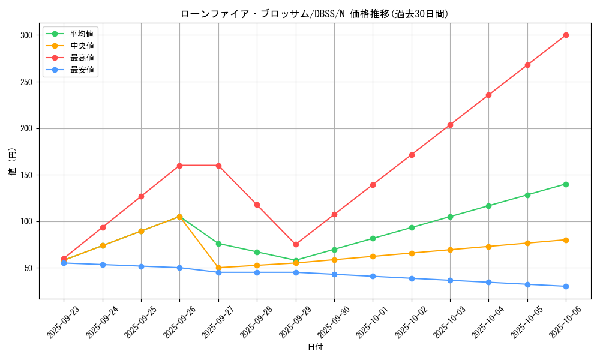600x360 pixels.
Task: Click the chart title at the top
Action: pos(314,14)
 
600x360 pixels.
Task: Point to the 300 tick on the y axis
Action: pos(27,35)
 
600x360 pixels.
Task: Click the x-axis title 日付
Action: pos(315,347)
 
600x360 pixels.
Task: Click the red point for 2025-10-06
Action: pos(566,35)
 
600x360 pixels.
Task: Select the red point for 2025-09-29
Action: pos(296,244)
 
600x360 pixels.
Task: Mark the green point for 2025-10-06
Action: pos(566,184)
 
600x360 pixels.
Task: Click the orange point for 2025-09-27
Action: pos(218,268)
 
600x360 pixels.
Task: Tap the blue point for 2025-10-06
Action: pos(566,286)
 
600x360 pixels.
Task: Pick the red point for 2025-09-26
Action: pos(179,166)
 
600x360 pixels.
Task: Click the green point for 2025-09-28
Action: pos(257,252)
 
